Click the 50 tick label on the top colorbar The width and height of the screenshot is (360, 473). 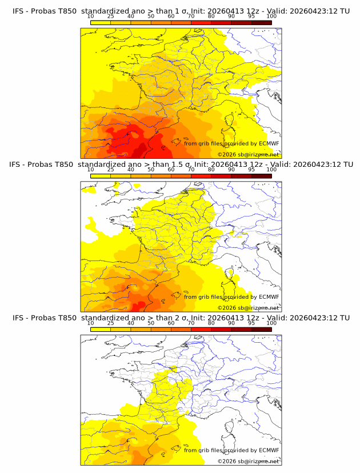[x=151, y=16]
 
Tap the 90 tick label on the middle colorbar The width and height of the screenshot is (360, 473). [x=231, y=170]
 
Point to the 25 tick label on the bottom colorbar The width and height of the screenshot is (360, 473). [x=111, y=323]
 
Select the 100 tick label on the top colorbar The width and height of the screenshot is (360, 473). [x=271, y=16]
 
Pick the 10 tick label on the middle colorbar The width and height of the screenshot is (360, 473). [x=90, y=170]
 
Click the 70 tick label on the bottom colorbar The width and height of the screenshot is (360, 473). [x=191, y=323]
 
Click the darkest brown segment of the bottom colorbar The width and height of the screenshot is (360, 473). [x=262, y=330]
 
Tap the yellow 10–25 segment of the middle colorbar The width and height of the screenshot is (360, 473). [x=101, y=176]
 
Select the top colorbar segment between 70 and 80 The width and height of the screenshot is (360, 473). [x=201, y=22]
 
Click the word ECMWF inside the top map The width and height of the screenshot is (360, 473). [x=269, y=143]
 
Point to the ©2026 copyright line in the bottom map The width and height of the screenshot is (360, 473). [x=248, y=461]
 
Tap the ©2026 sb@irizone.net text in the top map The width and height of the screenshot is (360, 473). [x=248, y=154]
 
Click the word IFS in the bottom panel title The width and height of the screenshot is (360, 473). [x=18, y=318]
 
